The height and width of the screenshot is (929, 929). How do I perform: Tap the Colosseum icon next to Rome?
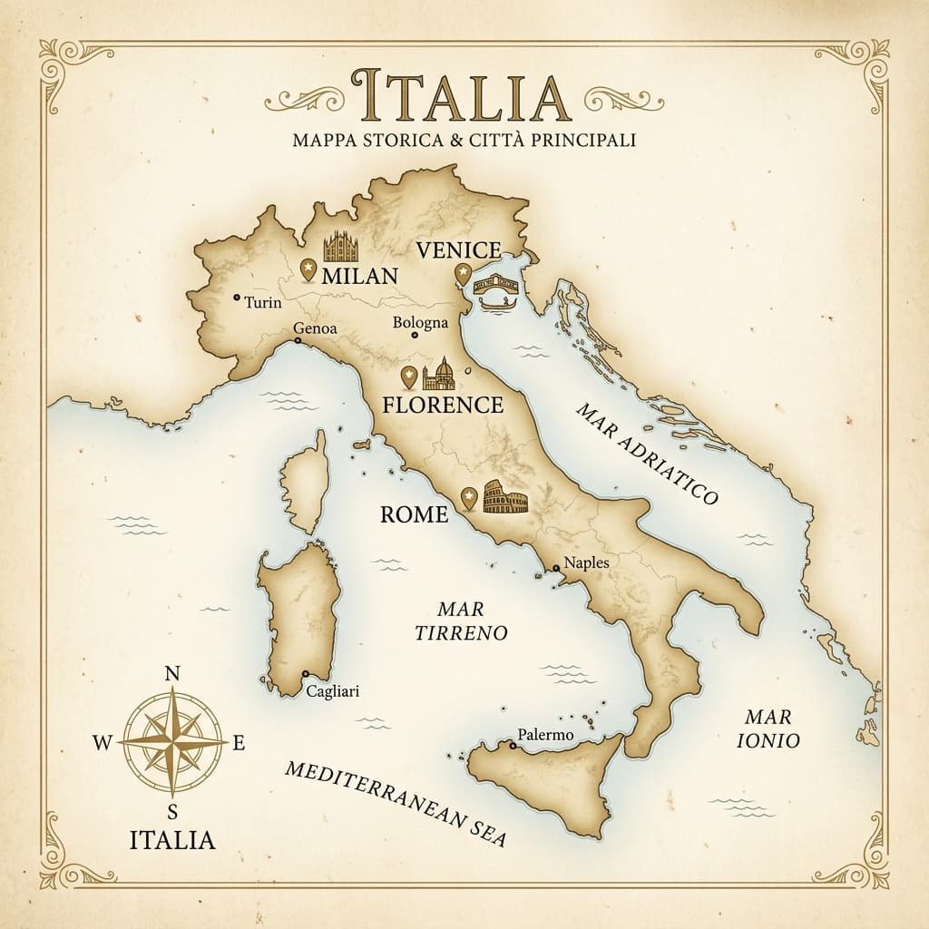pyautogui.click(x=505, y=497)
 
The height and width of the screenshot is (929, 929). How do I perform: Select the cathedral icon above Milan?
pyautogui.click(x=342, y=247)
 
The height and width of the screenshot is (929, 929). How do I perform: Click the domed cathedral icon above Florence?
pyautogui.click(x=440, y=373)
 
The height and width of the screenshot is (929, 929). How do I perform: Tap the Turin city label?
pyautogui.click(x=263, y=302)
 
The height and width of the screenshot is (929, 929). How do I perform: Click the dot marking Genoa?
pyautogui.click(x=298, y=341)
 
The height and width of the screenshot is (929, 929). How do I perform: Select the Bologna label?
pyautogui.click(x=420, y=323)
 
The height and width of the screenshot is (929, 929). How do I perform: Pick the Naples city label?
pyautogui.click(x=586, y=562)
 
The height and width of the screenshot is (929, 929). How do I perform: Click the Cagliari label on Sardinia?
pyautogui.click(x=333, y=691)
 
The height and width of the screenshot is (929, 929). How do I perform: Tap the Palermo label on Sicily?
pyautogui.click(x=545, y=735)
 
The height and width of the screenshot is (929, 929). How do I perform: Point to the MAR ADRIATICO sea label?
pyautogui.click(x=647, y=454)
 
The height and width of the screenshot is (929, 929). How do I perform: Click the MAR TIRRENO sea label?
pyautogui.click(x=461, y=621)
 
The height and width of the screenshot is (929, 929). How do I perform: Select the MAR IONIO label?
pyautogui.click(x=768, y=729)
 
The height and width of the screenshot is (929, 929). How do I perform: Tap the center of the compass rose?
pyautogui.click(x=172, y=742)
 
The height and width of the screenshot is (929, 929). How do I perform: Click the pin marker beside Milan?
pyautogui.click(x=308, y=269)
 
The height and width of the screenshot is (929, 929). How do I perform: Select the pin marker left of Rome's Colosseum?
pyautogui.click(x=469, y=498)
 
